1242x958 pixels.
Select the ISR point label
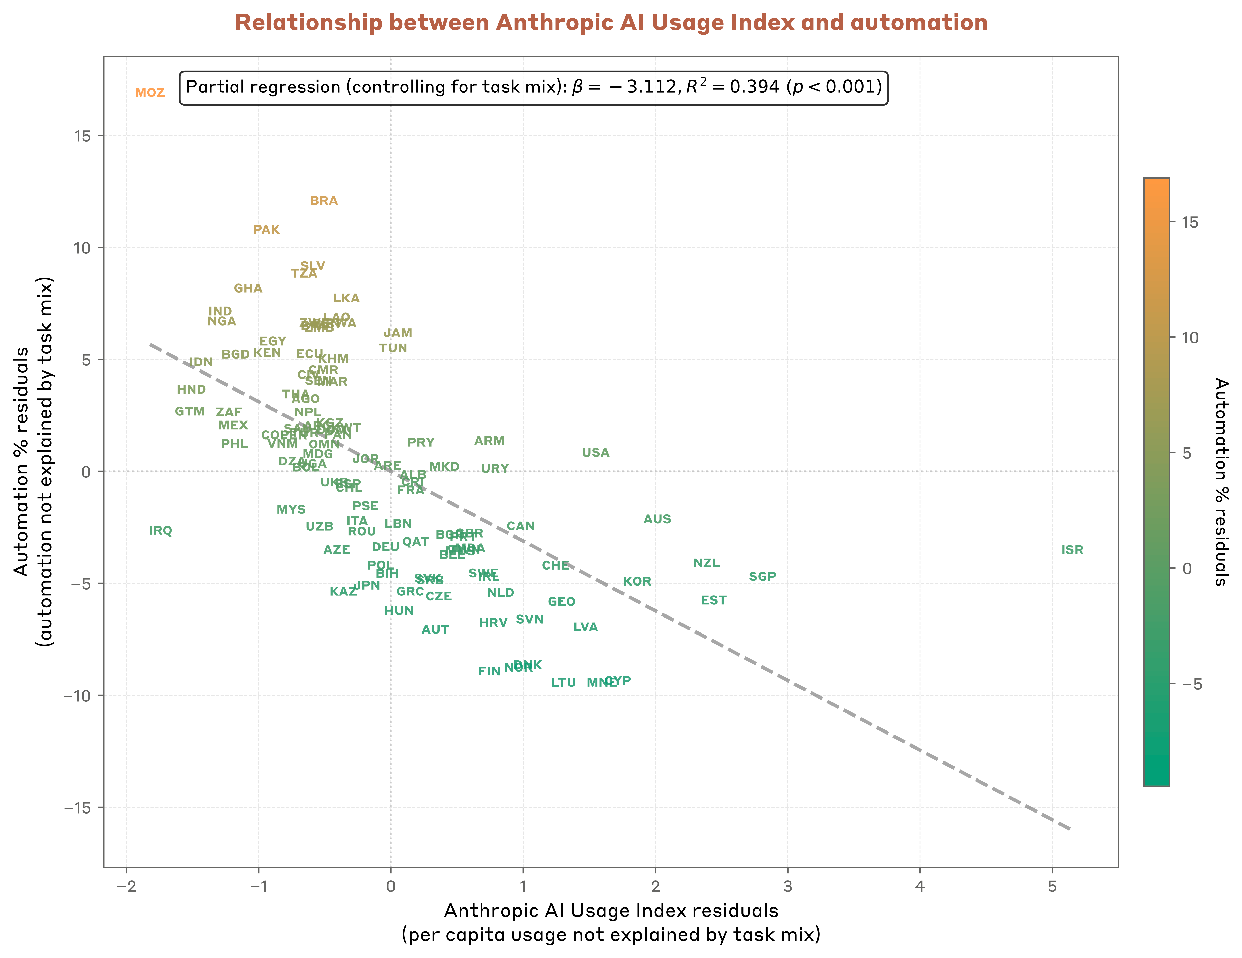tap(1072, 550)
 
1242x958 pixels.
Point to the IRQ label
tap(160, 531)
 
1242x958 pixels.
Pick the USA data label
tap(595, 453)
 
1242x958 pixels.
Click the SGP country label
tap(762, 577)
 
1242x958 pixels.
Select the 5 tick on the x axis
tap(1052, 886)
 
